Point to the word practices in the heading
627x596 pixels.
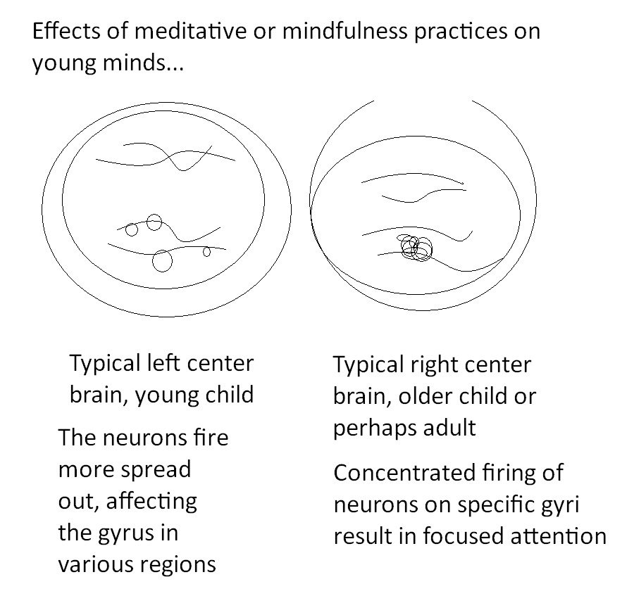click(459, 33)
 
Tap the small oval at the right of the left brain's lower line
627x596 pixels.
click(206, 251)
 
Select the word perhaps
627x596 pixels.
click(371, 427)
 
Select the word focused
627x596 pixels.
click(470, 536)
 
